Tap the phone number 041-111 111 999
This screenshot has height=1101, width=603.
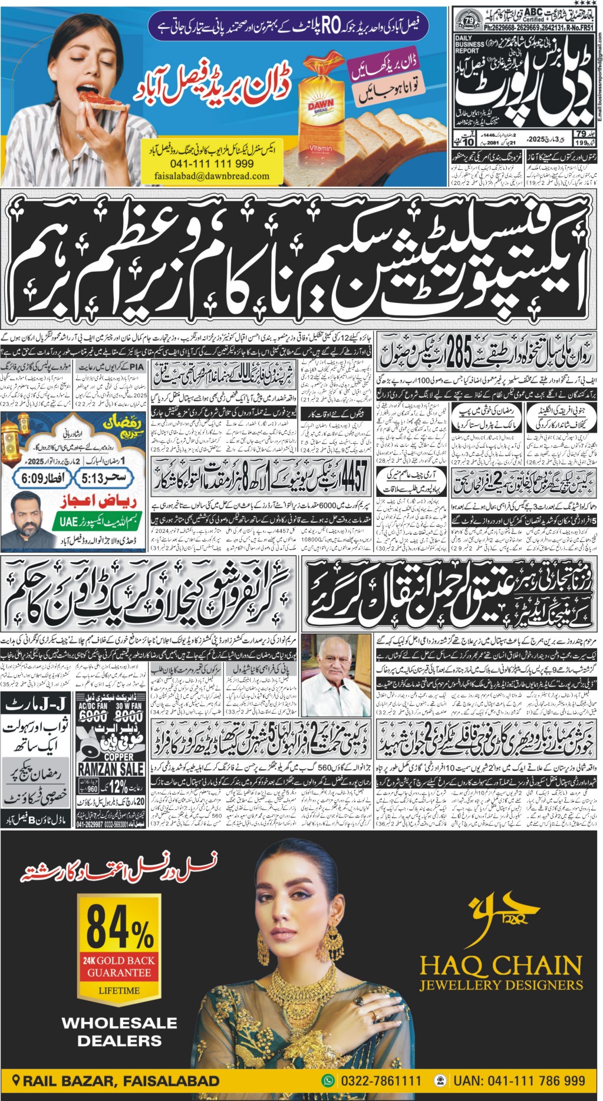[x=212, y=164]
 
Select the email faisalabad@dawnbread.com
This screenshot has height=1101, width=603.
[x=212, y=176]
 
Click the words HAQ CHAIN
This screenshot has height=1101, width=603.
[x=500, y=965]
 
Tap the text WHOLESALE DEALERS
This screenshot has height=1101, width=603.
[x=120, y=1031]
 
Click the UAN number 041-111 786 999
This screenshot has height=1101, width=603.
[x=519, y=1081]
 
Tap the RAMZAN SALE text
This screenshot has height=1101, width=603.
[x=111, y=769]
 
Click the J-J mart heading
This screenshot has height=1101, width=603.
[x=37, y=703]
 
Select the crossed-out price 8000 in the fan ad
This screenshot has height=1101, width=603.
[x=128, y=716]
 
